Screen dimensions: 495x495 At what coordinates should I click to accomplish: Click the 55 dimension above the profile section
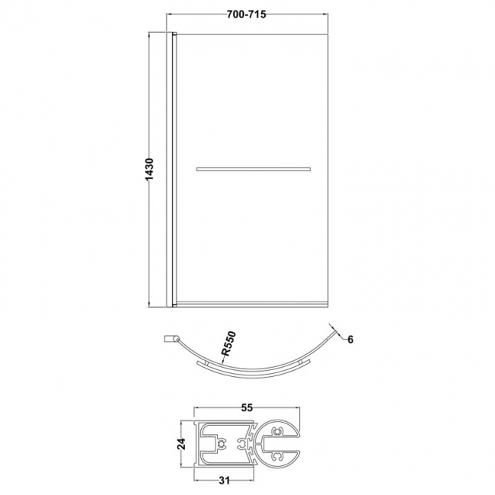(x=245, y=408)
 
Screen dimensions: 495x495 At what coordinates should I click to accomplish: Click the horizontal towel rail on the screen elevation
(x=254, y=168)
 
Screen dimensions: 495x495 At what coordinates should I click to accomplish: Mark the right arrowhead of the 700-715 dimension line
(x=328, y=15)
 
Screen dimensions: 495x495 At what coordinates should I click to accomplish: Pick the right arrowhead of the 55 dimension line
(x=300, y=416)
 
